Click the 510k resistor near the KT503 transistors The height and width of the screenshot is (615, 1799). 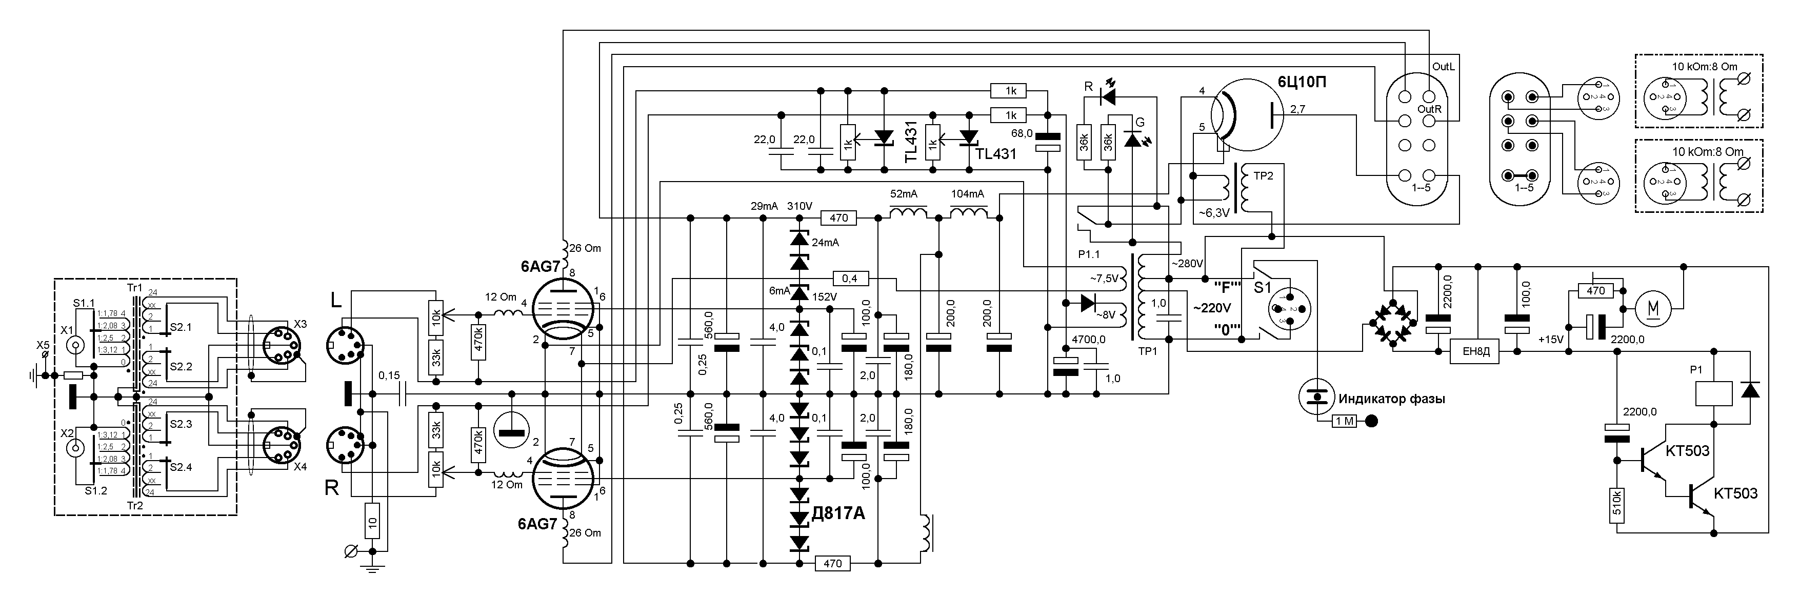(x=1617, y=505)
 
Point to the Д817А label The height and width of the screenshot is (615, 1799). (x=838, y=513)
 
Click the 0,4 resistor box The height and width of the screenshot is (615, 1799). (x=849, y=279)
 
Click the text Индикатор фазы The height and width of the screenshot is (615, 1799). (x=1391, y=399)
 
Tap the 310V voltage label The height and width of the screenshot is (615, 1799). (x=799, y=206)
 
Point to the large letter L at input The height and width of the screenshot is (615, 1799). (x=336, y=301)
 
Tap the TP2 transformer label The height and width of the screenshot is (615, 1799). (x=1263, y=176)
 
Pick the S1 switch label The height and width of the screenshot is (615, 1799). (x=1263, y=288)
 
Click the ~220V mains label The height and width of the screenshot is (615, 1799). (x=1212, y=308)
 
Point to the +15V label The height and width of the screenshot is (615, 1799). (x=1550, y=340)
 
